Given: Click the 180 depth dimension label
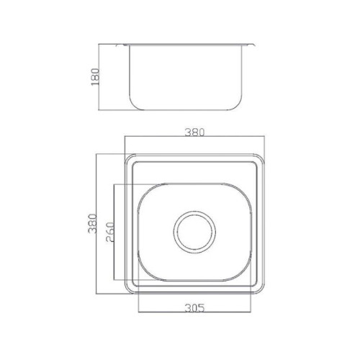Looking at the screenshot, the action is (95, 77).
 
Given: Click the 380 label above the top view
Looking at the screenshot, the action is (194, 132).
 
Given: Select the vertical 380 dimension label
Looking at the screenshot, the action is (92, 223).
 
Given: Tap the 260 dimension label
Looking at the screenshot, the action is (110, 232).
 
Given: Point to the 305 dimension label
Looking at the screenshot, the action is (195, 308).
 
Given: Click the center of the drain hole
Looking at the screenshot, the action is (194, 232).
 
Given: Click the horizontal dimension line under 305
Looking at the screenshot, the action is (195, 312).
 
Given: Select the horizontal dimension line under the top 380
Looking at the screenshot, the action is (194, 136).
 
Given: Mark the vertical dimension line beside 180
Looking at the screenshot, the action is (99, 77).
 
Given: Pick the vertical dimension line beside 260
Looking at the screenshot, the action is (114, 232).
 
